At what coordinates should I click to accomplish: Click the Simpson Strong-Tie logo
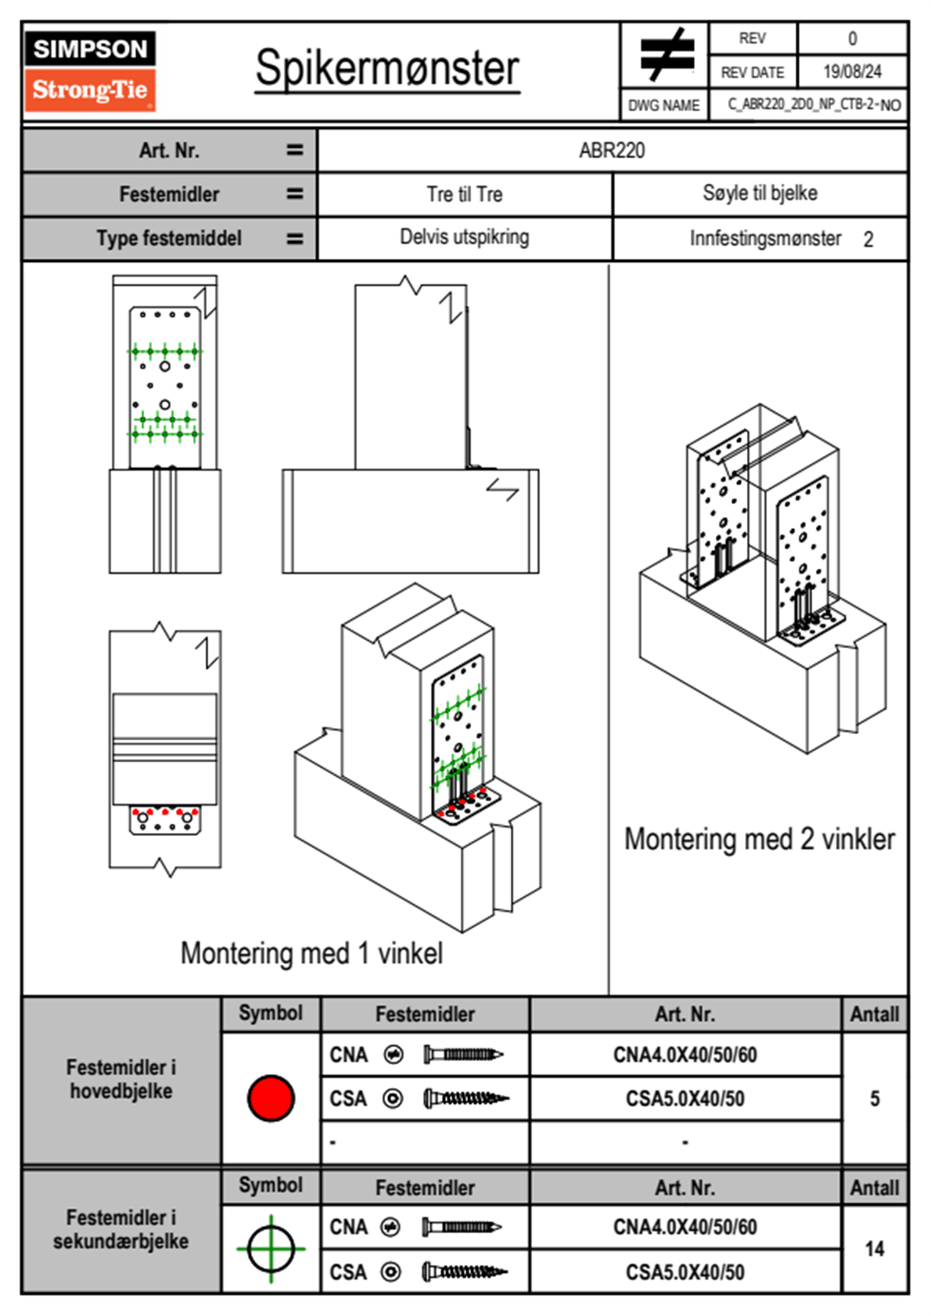[x=90, y=70]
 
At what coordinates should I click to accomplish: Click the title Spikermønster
[x=386, y=68]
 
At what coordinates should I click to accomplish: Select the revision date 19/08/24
[x=852, y=72]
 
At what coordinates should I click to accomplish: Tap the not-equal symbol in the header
[x=666, y=55]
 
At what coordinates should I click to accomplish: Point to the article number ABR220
[x=612, y=150]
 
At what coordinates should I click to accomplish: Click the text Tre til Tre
[x=464, y=194]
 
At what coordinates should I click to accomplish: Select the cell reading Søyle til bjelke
[x=760, y=193]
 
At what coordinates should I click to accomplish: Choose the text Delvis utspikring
[x=464, y=237]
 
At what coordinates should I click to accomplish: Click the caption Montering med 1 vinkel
[x=311, y=953]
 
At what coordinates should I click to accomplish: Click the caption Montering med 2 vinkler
[x=759, y=839]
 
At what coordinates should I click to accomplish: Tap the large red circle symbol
[x=271, y=1098]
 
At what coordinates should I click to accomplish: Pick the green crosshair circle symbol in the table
[x=271, y=1249]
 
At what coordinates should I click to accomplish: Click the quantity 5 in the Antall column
[x=875, y=1098]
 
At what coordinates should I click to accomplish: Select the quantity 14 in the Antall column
[x=875, y=1249]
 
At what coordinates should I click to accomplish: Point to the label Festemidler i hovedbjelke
[x=121, y=1079]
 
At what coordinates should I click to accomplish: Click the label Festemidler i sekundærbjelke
[x=121, y=1229]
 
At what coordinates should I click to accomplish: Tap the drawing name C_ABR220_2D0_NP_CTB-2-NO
[x=814, y=105]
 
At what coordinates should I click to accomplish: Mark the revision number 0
[x=852, y=38]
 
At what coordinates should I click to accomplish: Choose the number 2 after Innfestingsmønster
[x=868, y=239]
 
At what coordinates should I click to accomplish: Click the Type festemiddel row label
[x=169, y=238]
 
